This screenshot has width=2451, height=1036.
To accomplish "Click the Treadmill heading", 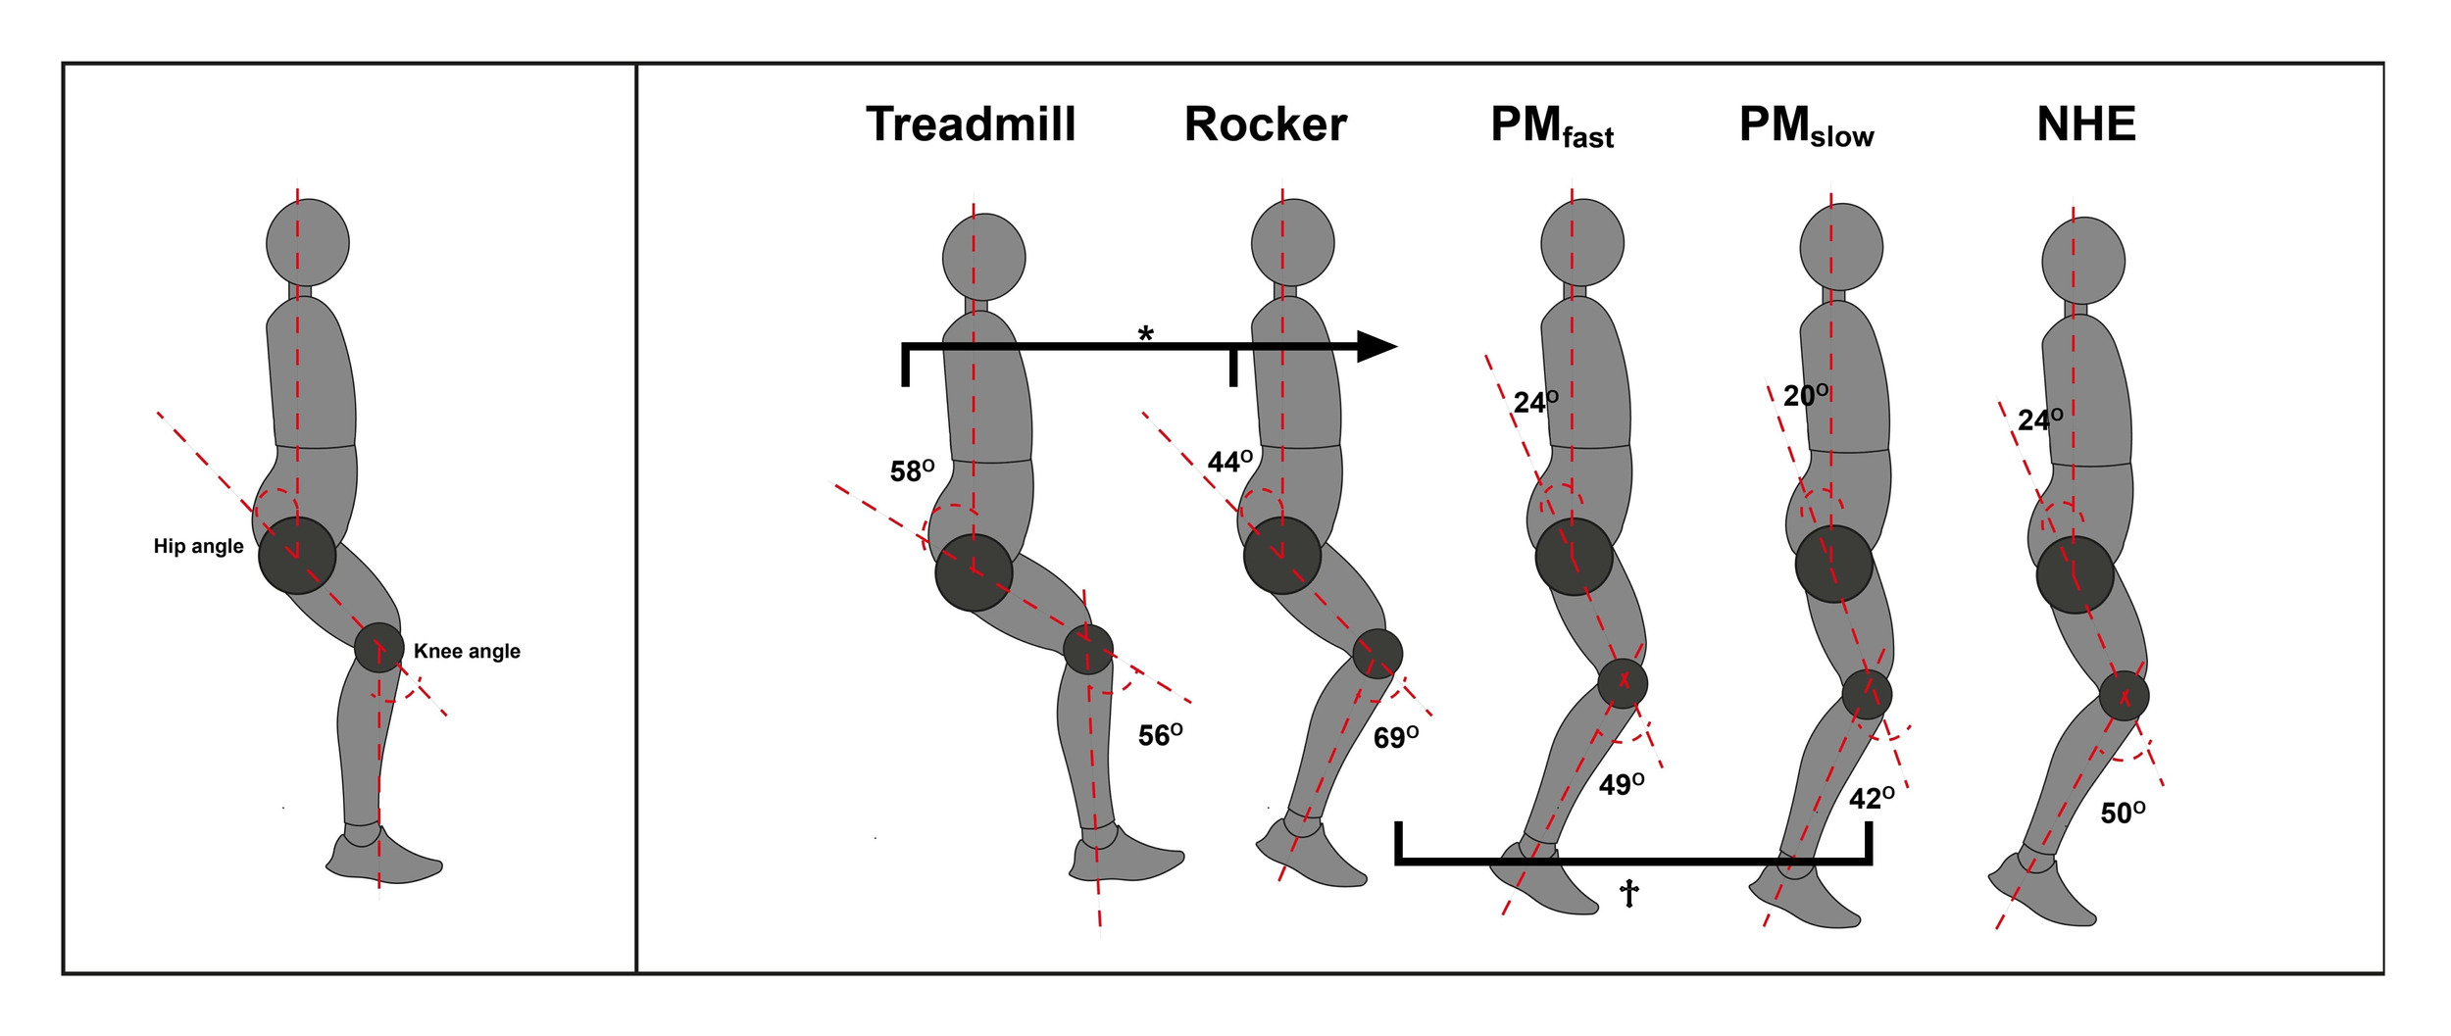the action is point(971,124).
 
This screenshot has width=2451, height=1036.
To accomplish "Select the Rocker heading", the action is point(1265,124).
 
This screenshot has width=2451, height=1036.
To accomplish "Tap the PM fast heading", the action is point(1551,126).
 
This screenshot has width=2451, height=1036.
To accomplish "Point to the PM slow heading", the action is point(1806,126).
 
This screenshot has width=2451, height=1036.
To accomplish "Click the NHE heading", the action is point(2085,124).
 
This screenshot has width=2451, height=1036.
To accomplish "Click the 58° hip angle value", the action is point(911,471).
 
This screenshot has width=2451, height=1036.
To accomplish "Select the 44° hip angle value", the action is point(1228,462).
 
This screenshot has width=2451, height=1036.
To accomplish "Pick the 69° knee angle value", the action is point(1394,737).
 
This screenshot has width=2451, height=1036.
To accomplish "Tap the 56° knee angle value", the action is point(1159,735).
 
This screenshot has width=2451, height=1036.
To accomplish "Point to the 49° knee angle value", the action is point(1621,784).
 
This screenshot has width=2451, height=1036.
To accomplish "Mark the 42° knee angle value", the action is point(1871,799).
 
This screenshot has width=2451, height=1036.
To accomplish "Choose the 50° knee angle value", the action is point(2122,813).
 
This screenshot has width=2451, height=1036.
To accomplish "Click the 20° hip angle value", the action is point(1805,396).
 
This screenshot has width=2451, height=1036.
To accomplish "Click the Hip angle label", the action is point(198,546).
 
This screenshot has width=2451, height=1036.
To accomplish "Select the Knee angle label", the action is point(467,651).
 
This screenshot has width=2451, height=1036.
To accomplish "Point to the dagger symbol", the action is point(1628,893).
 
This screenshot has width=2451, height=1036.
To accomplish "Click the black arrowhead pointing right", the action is point(1376,346).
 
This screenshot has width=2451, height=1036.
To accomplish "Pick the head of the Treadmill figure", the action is point(983,257).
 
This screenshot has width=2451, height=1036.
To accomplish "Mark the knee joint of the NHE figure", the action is point(2124,696).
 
